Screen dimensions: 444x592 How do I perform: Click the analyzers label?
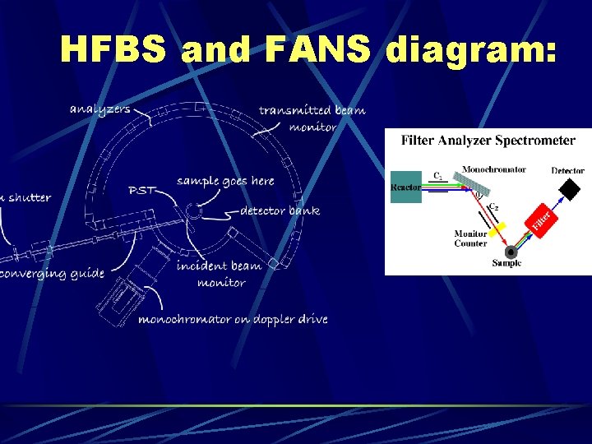[x=99, y=109]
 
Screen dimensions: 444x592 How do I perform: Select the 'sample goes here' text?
[x=225, y=181]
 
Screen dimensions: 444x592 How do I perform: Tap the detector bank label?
[x=280, y=211]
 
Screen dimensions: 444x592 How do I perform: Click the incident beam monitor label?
[x=220, y=274]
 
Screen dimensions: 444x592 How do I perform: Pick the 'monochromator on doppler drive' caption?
[x=233, y=319]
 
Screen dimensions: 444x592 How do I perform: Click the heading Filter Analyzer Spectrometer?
[x=488, y=141]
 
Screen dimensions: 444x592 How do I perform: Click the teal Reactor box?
[x=406, y=187]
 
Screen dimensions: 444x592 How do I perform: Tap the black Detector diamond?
[x=568, y=190]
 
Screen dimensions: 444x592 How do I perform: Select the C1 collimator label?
[x=439, y=175]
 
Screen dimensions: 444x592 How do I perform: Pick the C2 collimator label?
[x=493, y=207]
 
